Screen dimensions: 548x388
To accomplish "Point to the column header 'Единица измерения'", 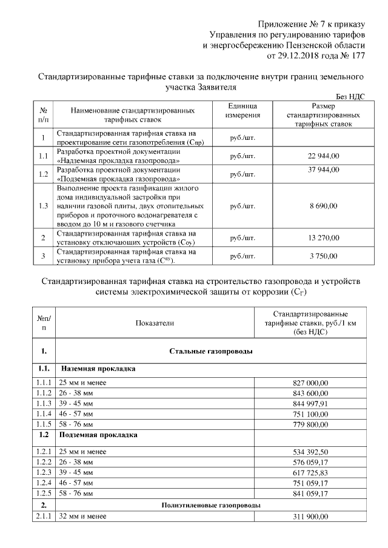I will tap(242, 110).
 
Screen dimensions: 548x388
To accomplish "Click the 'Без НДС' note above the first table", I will tap(350, 97).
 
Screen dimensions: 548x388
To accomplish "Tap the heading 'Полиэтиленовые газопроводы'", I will tap(211, 504).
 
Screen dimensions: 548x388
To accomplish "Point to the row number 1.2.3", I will tap(44, 471).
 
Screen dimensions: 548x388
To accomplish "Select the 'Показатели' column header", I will tap(155, 323).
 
